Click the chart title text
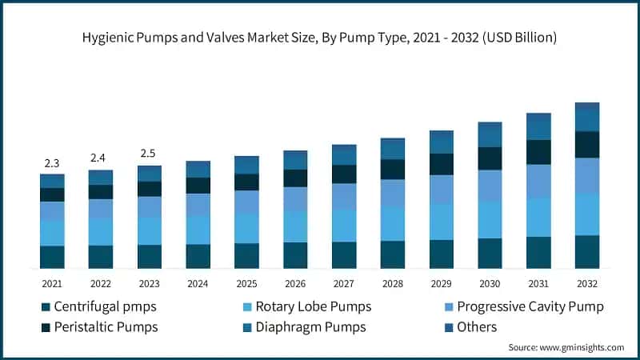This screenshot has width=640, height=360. point(320,38)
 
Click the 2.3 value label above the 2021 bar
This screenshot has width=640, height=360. point(52,163)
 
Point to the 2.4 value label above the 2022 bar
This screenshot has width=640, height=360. point(100,158)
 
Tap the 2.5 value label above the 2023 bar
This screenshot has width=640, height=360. point(149,153)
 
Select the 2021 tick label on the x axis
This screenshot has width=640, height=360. point(52,283)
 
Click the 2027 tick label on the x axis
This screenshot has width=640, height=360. point(344,283)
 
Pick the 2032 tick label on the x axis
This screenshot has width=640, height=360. point(587,283)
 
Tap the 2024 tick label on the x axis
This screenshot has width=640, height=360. point(198,283)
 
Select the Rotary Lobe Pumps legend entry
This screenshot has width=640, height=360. point(305,306)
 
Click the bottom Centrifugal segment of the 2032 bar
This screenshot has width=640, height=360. point(587,251)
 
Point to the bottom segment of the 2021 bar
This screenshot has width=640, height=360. point(52,257)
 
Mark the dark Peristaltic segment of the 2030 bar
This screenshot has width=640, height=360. point(490,158)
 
